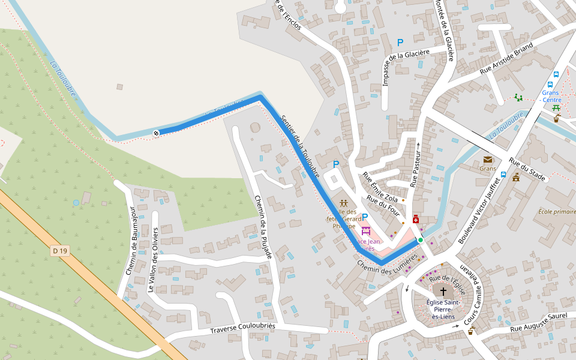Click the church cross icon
coord(443,290)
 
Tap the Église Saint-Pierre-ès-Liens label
coord(443,309)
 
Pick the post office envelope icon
coord(487,160)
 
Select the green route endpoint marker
coord(421,240)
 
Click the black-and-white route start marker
coord(157,133)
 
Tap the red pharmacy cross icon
coord(415,220)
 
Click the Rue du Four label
coord(383,205)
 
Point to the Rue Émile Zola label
coord(380,187)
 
